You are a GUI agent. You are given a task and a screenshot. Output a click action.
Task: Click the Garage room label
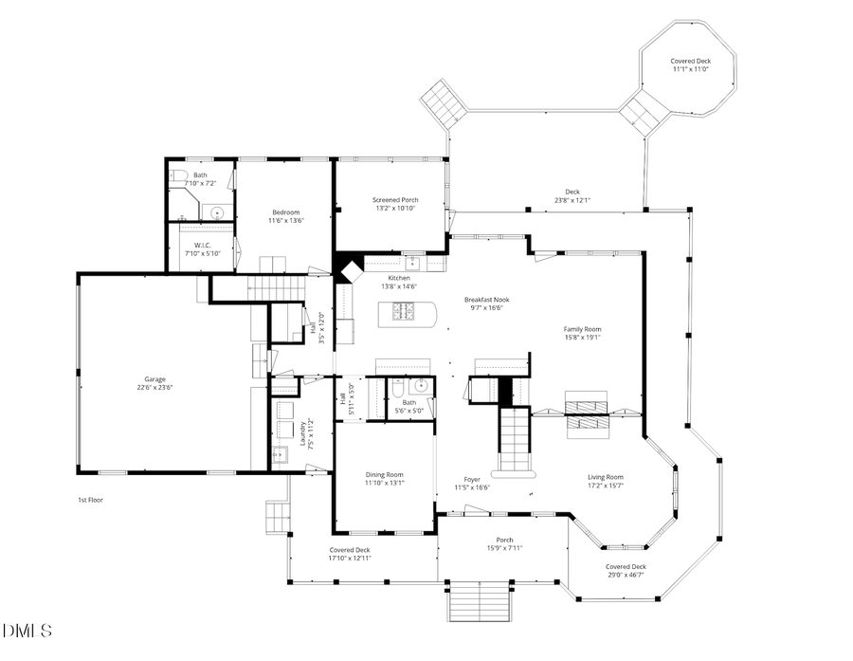157,379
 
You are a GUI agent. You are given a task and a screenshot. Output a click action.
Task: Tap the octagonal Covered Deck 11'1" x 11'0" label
691,61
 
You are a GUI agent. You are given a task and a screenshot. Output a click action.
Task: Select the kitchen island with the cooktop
406,313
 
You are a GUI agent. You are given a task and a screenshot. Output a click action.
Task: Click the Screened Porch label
395,200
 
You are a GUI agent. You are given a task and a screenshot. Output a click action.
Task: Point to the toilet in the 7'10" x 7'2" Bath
176,174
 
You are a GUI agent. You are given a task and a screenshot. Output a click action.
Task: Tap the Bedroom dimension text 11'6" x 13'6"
286,220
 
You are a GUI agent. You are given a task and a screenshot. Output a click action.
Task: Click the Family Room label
583,329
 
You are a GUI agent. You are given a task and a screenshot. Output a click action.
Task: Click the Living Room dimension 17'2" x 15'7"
605,486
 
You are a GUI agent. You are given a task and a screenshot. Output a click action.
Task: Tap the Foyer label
472,479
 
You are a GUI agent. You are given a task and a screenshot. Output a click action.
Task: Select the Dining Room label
385,474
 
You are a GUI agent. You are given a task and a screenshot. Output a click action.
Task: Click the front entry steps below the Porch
480,600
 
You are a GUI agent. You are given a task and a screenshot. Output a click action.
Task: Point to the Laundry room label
303,434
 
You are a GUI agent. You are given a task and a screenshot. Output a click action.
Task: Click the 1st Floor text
90,499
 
